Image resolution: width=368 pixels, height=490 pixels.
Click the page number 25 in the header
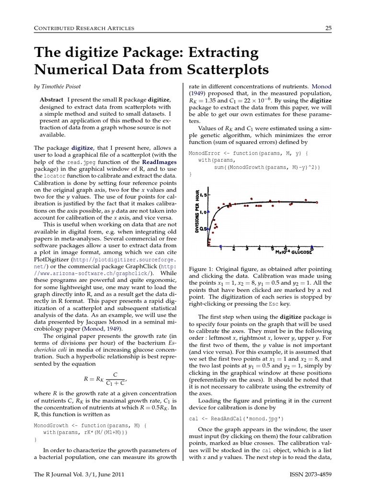tap(329, 28)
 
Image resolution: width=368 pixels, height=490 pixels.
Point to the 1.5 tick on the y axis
tap(203, 195)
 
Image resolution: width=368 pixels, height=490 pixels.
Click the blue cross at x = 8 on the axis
tap(312, 247)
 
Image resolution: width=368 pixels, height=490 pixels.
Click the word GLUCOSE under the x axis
tap(300, 252)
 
